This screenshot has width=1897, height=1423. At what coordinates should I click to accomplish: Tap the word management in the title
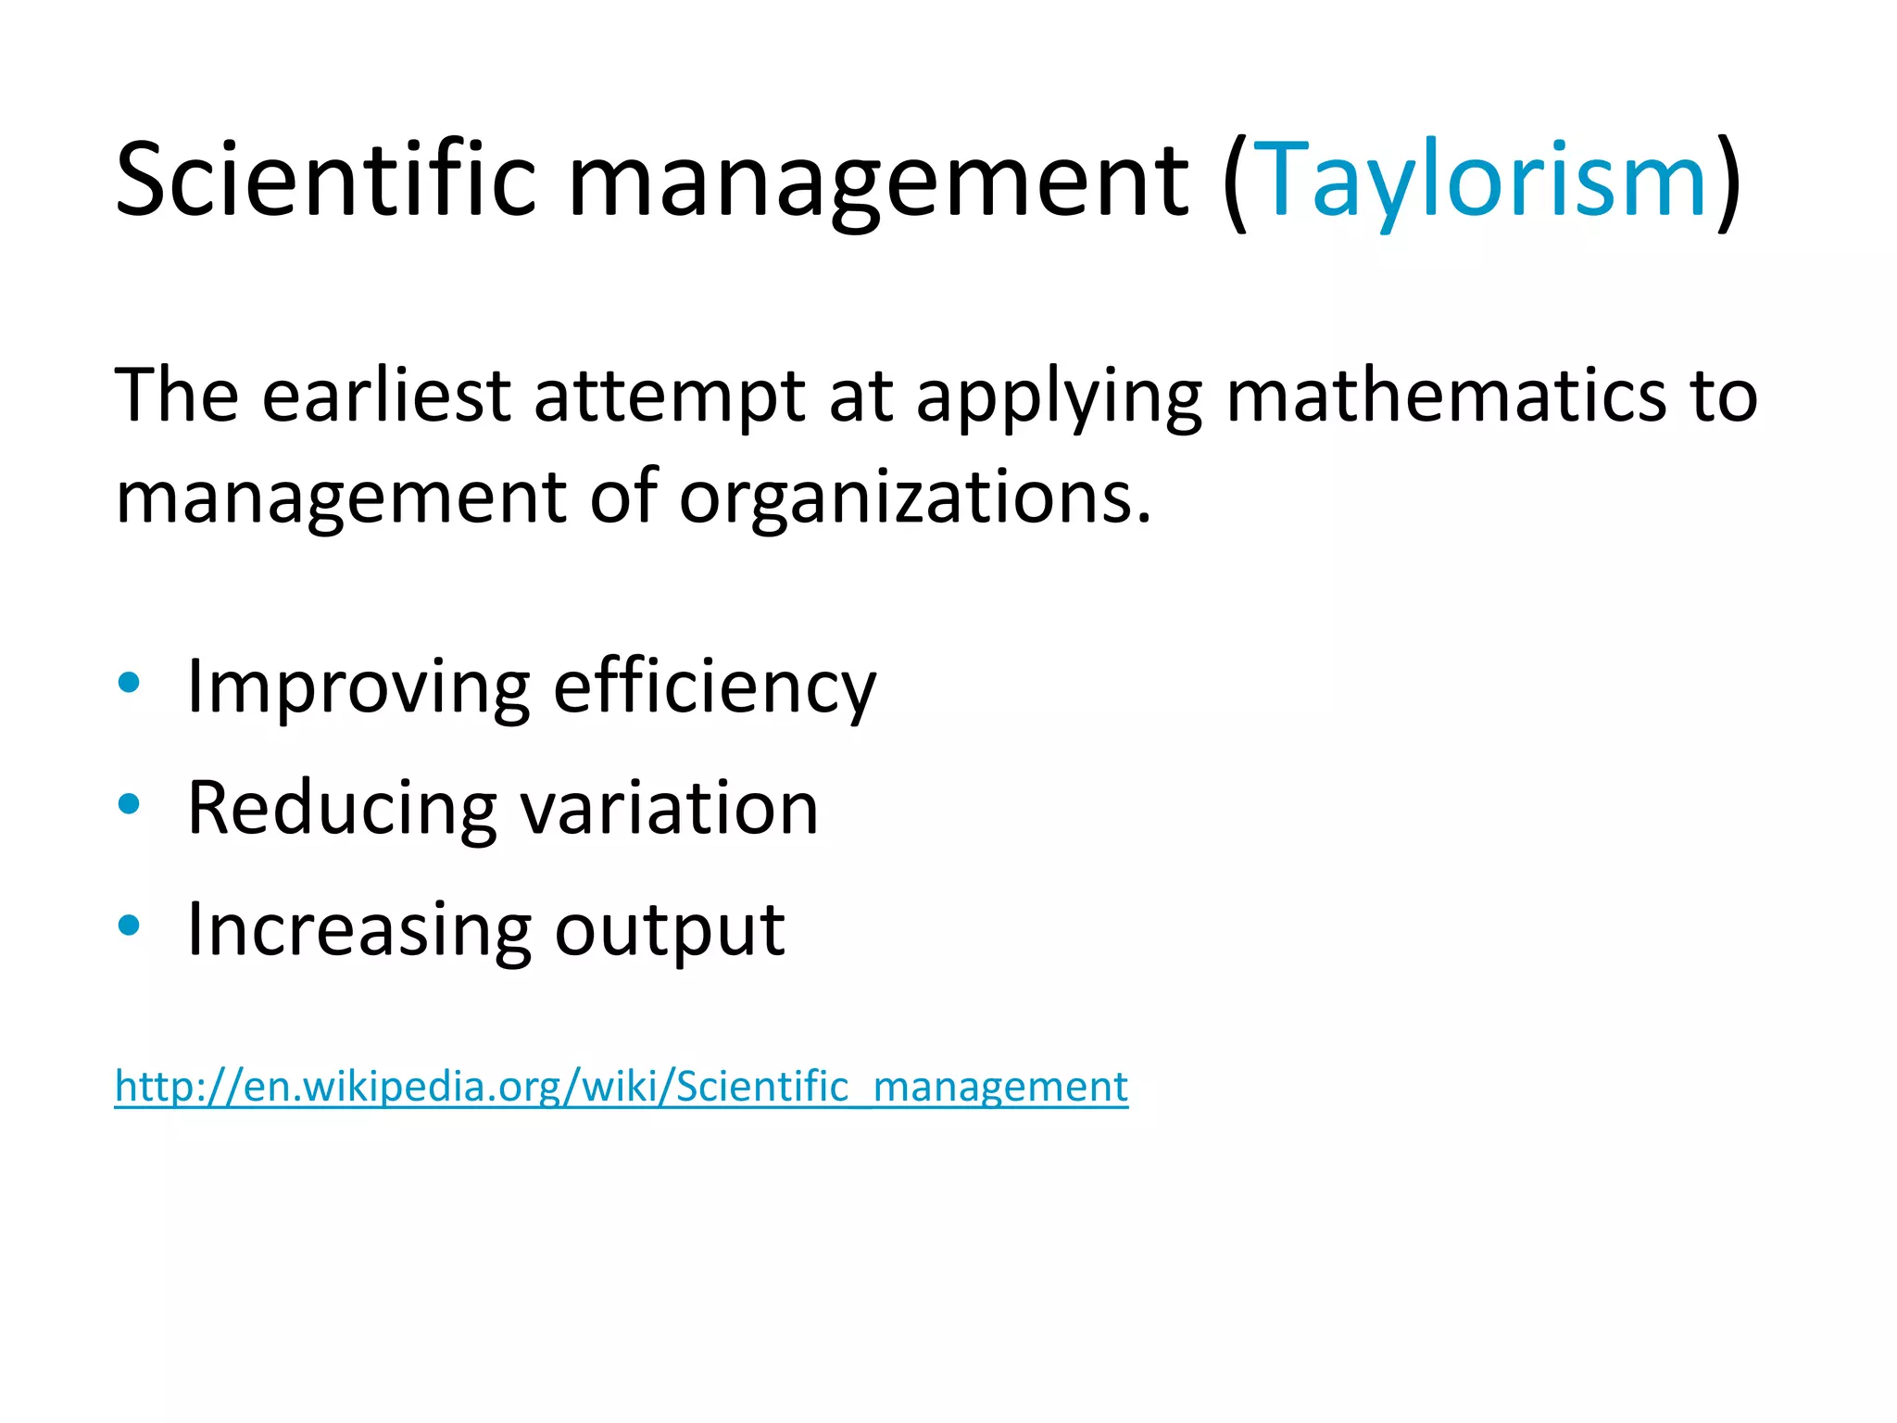[x=877, y=181]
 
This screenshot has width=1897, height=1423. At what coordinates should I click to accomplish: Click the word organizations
[x=914, y=497]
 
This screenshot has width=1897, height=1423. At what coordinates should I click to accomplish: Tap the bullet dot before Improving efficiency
[x=130, y=684]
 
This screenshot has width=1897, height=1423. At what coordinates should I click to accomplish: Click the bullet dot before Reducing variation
[x=130, y=804]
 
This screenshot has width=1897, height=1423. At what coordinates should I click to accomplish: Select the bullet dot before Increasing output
[x=130, y=926]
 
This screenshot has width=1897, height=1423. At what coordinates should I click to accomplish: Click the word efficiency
[x=714, y=687]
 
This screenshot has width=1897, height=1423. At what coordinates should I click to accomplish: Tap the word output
[x=669, y=930]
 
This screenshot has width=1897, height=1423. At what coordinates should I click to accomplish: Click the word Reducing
[x=342, y=808]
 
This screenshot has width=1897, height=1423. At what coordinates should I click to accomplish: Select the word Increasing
[x=358, y=930]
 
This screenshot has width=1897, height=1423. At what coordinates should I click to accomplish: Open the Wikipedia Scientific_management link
[x=621, y=1086]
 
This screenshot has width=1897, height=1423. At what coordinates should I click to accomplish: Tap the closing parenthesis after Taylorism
[x=1728, y=183]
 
